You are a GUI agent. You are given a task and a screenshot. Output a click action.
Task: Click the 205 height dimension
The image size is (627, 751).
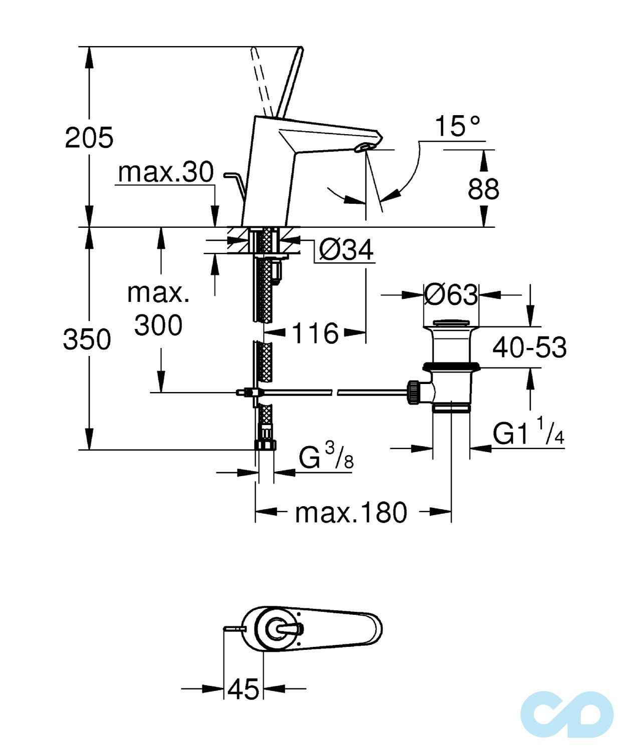point(89,137)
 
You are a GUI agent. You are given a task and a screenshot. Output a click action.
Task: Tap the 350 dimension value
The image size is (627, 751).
point(87,339)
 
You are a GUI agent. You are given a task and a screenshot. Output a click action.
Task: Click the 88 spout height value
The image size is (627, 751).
point(484,188)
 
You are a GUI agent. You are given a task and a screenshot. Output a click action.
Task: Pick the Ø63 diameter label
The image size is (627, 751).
point(451,294)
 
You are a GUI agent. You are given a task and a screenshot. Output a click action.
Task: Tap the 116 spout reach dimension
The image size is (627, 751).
point(315,332)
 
